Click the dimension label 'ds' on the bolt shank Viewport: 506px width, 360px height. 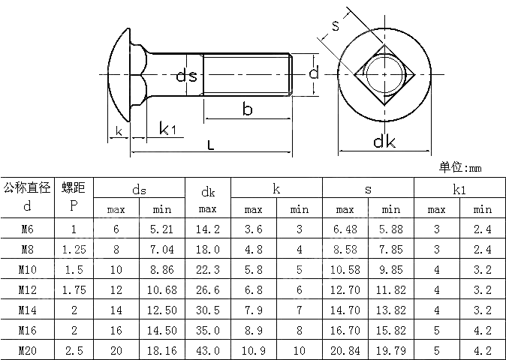[187, 76]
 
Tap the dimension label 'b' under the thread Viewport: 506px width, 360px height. [247, 109]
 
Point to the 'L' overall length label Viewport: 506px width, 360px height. [211, 145]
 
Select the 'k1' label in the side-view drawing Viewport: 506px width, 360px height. [168, 129]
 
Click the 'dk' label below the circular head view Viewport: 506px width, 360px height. [384, 142]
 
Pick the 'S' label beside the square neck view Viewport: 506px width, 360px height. [336, 26]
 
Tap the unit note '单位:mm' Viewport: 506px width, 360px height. [460, 168]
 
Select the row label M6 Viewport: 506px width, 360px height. [28, 229]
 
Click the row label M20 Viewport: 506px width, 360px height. [28, 349]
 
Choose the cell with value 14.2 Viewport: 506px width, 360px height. [208, 229]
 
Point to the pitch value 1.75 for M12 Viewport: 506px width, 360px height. [74, 289]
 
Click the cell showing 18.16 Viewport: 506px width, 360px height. [163, 349]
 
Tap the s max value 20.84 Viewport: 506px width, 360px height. [345, 349]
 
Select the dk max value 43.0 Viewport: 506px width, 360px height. [208, 349]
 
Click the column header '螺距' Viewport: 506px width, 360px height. [74, 187]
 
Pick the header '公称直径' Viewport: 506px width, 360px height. [28, 187]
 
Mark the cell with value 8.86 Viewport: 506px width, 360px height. [163, 269]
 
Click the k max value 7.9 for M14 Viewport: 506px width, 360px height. [253, 310]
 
